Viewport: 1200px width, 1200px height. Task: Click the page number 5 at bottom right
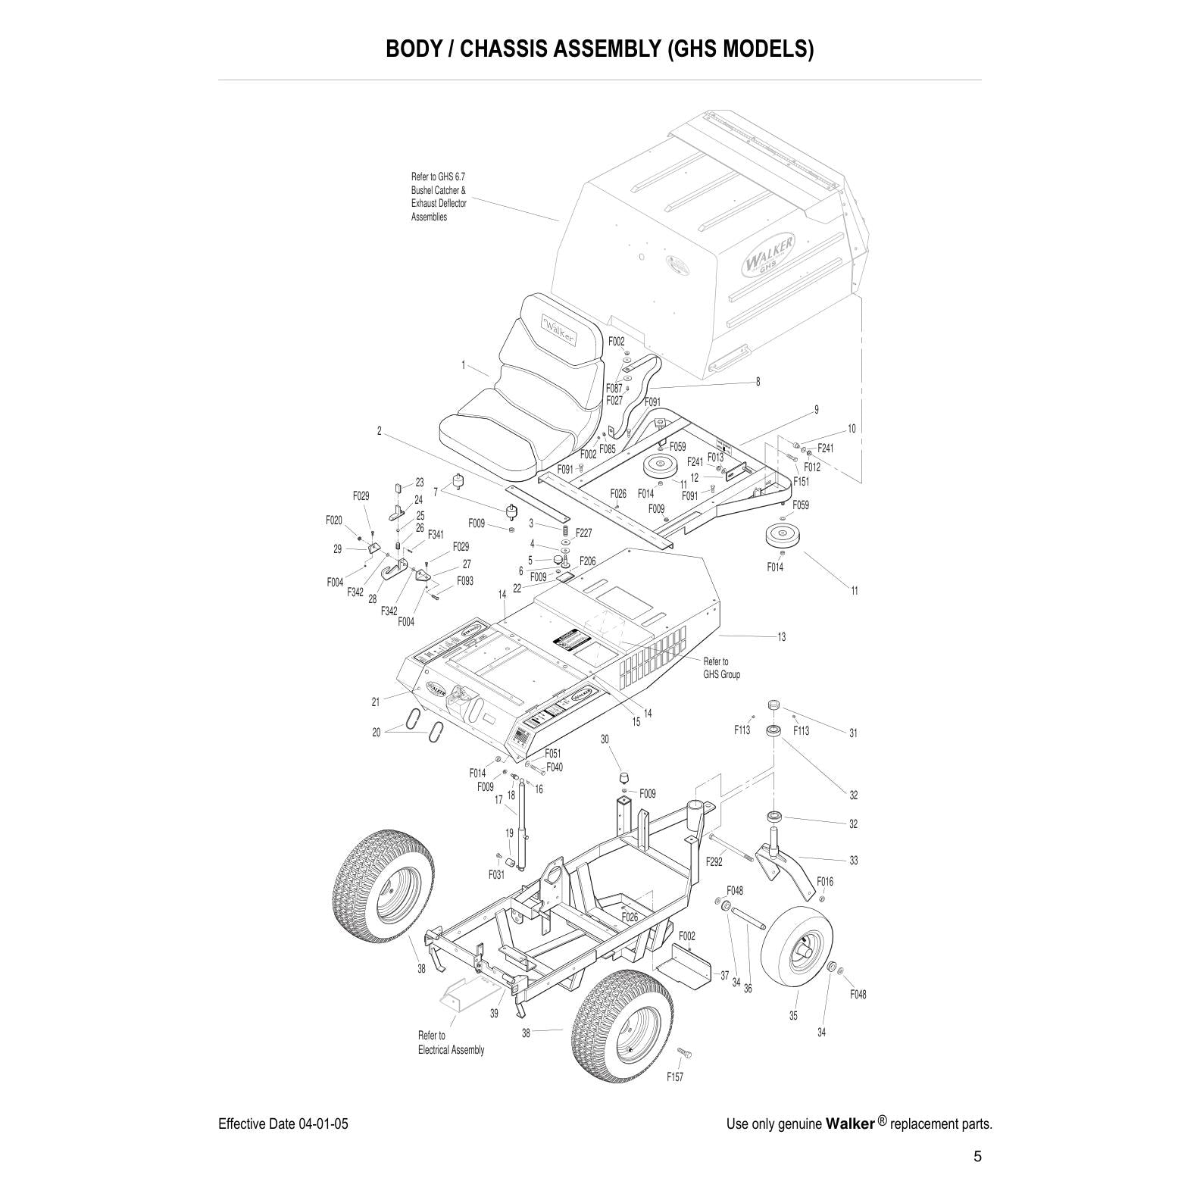point(977,1157)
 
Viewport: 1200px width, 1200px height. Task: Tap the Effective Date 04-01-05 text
point(283,1123)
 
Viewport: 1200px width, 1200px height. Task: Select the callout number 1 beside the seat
point(463,365)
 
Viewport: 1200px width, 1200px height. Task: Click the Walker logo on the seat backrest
point(559,331)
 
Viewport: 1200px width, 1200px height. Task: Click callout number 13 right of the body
point(781,636)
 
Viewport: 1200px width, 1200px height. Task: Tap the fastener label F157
point(674,1077)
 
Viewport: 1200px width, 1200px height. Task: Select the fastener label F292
point(714,861)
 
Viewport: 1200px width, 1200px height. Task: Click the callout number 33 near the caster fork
point(853,861)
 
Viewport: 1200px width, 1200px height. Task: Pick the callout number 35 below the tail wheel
point(793,1015)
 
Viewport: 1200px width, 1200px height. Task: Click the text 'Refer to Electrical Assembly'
point(451,1042)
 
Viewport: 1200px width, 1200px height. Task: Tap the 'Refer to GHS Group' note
point(721,667)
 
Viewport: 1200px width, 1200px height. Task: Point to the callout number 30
point(605,739)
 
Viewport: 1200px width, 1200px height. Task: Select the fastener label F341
point(436,534)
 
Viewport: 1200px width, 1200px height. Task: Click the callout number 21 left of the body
point(376,702)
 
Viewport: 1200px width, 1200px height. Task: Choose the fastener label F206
point(587,561)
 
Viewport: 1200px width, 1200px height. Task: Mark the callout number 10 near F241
point(852,429)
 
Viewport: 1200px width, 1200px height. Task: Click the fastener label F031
point(496,874)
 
